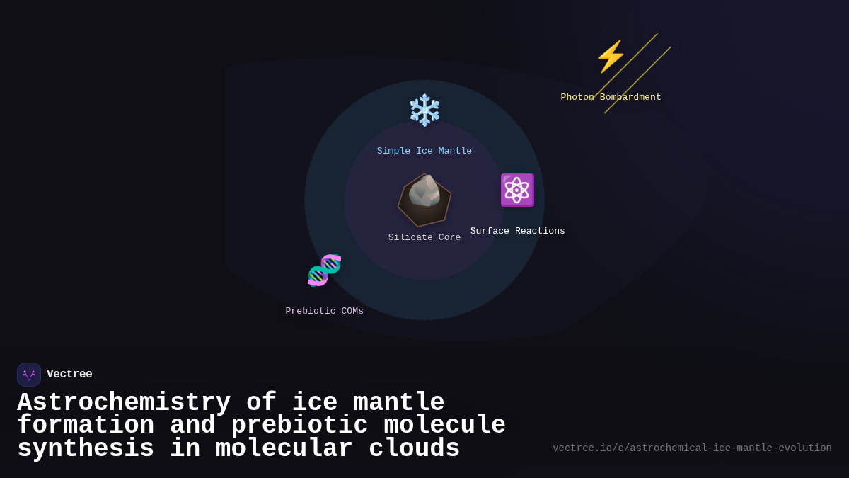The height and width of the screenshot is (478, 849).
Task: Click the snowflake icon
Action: click(x=424, y=110)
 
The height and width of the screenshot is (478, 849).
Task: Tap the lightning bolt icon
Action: click(x=611, y=57)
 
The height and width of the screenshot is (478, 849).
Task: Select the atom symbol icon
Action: click(x=517, y=190)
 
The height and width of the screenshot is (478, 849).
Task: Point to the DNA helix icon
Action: click(x=324, y=271)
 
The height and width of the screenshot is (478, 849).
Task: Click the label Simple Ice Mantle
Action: click(x=424, y=151)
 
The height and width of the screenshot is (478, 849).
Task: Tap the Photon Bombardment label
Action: click(x=611, y=97)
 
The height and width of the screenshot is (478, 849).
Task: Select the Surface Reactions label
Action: click(x=517, y=231)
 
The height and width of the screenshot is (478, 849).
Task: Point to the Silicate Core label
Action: click(x=424, y=237)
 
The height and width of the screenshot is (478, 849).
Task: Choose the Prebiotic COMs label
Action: click(x=324, y=311)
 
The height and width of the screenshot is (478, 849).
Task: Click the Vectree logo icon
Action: click(x=29, y=375)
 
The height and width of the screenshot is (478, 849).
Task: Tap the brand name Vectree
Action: click(x=69, y=375)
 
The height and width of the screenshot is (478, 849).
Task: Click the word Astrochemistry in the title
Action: click(x=124, y=402)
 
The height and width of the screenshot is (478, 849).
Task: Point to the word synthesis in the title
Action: click(x=86, y=449)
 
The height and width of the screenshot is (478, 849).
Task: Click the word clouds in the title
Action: click(x=414, y=449)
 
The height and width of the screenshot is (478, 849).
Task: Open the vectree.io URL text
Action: click(x=692, y=448)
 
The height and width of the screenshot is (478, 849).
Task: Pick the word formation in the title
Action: click(x=86, y=426)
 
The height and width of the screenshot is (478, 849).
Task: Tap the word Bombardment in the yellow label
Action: click(x=630, y=97)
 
